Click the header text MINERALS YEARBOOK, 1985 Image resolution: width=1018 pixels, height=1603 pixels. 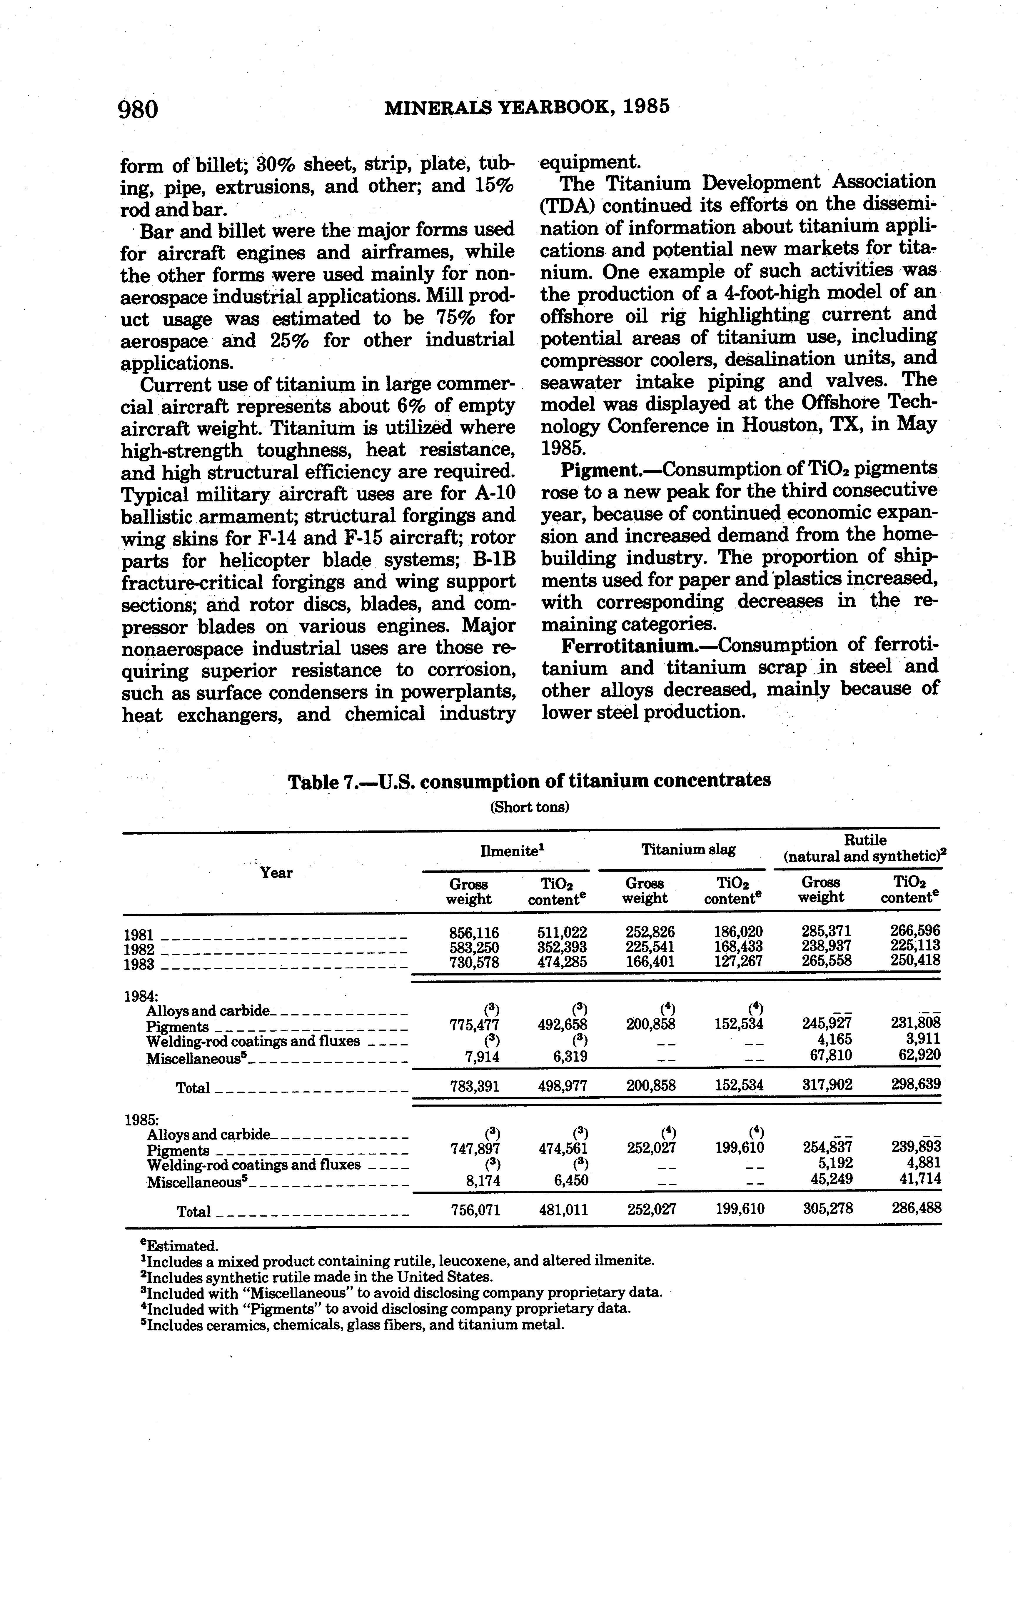point(527,107)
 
